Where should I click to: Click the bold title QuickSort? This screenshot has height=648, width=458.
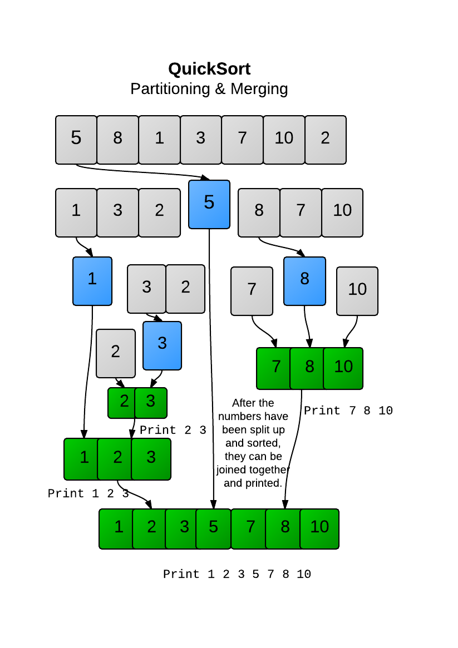tap(209, 69)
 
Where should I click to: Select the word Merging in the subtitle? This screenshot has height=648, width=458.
tap(259, 88)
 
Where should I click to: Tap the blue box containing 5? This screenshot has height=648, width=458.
tap(209, 204)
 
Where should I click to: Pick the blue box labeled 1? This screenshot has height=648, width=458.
tap(92, 280)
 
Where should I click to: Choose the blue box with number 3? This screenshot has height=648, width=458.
tap(162, 345)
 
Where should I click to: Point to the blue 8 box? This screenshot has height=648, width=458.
tap(304, 280)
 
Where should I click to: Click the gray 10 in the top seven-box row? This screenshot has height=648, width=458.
tap(284, 140)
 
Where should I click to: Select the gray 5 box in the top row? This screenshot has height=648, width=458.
tap(76, 140)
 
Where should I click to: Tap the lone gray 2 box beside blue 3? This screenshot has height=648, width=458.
tap(116, 353)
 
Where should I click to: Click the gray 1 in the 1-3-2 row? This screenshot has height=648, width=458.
tap(76, 212)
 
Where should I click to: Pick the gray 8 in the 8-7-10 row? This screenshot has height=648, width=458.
tap(259, 212)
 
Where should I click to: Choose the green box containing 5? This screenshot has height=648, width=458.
tap(214, 528)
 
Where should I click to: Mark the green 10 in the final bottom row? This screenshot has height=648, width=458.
tap(319, 528)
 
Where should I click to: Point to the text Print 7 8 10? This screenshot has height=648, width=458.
tap(348, 411)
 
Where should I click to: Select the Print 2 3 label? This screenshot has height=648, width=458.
tap(173, 431)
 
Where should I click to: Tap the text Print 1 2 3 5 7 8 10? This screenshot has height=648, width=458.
tap(237, 574)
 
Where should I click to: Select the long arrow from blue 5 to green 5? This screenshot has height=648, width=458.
tap(211, 362)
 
